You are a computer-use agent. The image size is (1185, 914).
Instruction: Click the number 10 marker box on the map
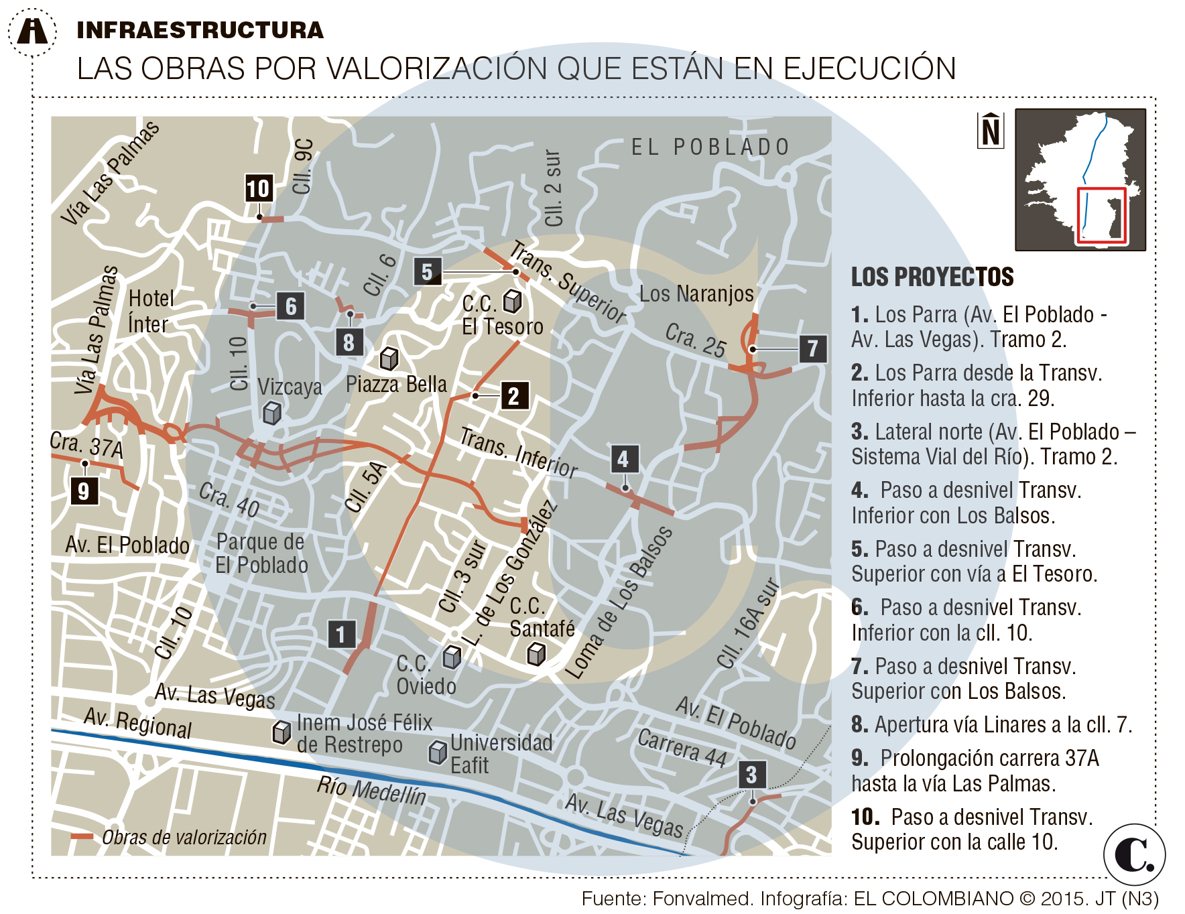tap(258, 189)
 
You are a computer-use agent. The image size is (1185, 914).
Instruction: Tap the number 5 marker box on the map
tap(428, 272)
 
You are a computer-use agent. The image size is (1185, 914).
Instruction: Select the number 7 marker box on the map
tap(812, 348)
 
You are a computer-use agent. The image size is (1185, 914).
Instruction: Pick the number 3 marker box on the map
tap(751, 775)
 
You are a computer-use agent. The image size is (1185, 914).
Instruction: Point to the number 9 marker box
tap(84, 491)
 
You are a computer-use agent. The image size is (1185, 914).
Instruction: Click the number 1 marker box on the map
tap(341, 634)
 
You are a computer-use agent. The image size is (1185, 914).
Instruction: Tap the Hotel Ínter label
tap(150, 311)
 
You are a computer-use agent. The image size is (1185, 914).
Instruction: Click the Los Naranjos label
tap(696, 293)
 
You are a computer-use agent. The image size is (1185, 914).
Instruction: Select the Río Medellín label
tap(371, 791)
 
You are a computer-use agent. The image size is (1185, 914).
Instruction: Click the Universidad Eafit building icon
tap(438, 752)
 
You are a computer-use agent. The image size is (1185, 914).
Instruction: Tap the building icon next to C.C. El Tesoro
tap(513, 301)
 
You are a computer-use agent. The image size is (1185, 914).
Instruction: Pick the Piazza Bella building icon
tap(389, 358)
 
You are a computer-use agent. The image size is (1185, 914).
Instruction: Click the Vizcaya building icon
tap(271, 412)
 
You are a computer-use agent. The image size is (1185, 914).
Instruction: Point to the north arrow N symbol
tap(991, 130)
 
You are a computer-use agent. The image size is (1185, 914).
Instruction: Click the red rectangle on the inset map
tap(1101, 215)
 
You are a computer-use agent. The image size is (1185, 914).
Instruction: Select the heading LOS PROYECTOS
tap(932, 277)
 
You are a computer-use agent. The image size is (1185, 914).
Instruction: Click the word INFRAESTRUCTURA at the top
tap(200, 30)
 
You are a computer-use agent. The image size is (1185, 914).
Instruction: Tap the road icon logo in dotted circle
tap(32, 31)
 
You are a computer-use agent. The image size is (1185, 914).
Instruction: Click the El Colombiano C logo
tap(1134, 854)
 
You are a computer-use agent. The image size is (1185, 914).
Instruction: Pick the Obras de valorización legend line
tap(82, 836)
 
